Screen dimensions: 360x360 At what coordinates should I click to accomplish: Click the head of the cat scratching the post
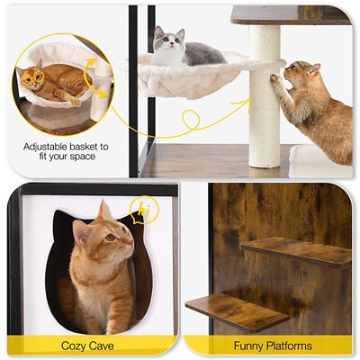point(302,76)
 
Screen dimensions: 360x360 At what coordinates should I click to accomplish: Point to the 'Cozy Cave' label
point(86,346)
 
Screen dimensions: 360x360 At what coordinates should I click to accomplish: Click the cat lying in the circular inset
point(54,83)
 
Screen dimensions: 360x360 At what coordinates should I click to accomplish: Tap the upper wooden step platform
point(296,251)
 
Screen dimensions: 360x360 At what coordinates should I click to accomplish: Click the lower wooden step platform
point(236,309)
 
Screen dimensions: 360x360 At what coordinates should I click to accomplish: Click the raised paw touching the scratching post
point(274,78)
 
